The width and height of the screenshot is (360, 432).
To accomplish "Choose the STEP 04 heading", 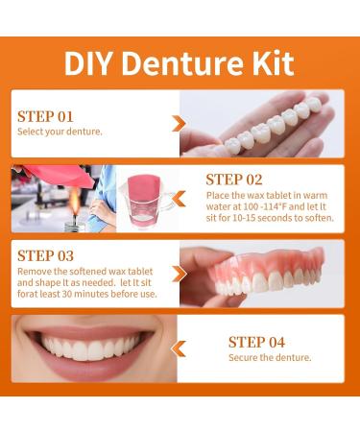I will pos(258,342).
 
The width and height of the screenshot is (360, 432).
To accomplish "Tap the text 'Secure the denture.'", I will pos(270,358).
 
